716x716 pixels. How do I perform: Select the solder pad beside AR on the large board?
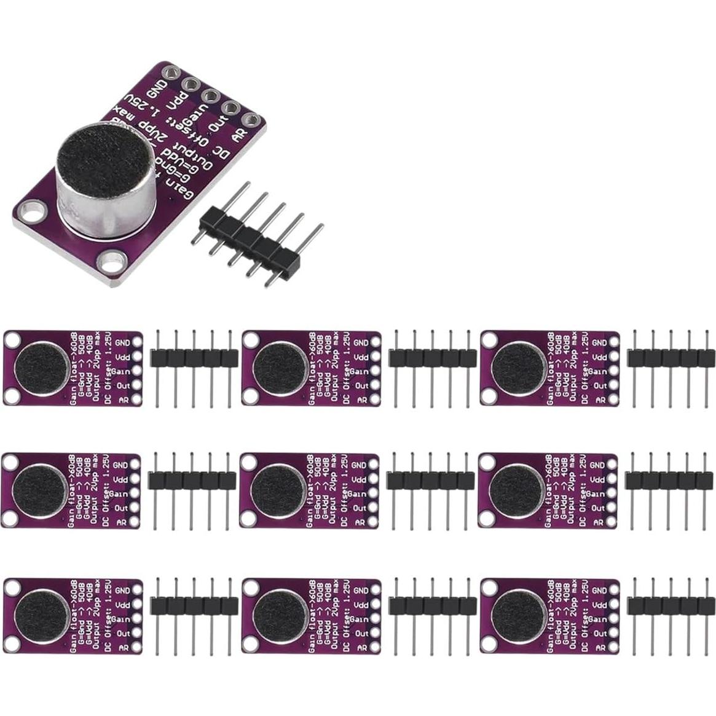click(x=250, y=120)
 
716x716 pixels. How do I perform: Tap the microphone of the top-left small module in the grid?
click(x=41, y=368)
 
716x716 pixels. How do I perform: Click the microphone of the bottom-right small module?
click(x=518, y=615)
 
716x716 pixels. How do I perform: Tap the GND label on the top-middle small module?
click(x=361, y=343)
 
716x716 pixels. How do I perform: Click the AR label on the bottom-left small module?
click(x=123, y=648)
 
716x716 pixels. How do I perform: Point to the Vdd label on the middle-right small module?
click(x=598, y=479)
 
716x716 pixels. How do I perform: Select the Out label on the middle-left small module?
click(x=121, y=508)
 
